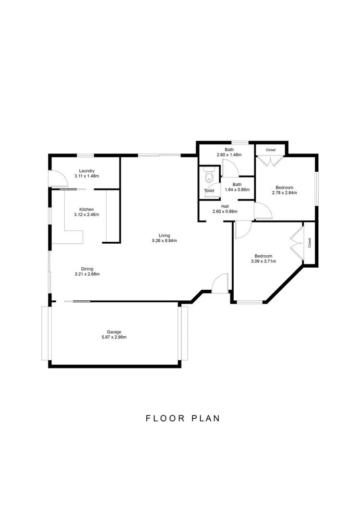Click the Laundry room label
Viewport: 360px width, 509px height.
click(86, 171)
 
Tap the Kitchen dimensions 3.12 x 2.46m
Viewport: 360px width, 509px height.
click(86, 214)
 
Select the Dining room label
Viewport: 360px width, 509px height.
click(87, 269)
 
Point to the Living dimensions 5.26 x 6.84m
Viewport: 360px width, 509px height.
click(165, 241)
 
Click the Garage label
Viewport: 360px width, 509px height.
click(114, 331)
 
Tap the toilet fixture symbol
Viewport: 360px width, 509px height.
click(208, 177)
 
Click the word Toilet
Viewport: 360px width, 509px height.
click(209, 191)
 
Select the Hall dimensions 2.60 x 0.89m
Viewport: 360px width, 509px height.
click(226, 212)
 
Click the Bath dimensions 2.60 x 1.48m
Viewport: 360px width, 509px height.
click(229, 155)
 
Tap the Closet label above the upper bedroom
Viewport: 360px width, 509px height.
click(271, 150)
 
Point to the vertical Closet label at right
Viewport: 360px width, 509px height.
click(310, 243)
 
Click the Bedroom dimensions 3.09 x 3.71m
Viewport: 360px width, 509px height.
click(263, 261)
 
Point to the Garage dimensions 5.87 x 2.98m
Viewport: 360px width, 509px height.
click(114, 337)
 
